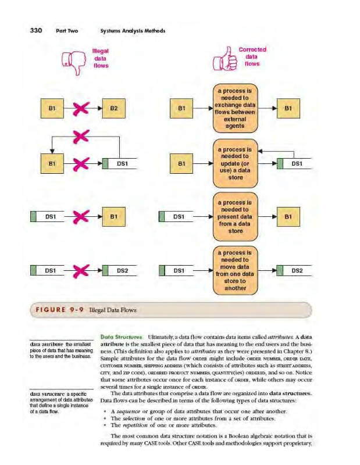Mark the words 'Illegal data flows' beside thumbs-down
coord(101,58)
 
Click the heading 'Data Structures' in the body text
coord(117,337)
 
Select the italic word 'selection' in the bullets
coord(132,418)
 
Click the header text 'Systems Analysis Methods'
coord(133,31)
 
